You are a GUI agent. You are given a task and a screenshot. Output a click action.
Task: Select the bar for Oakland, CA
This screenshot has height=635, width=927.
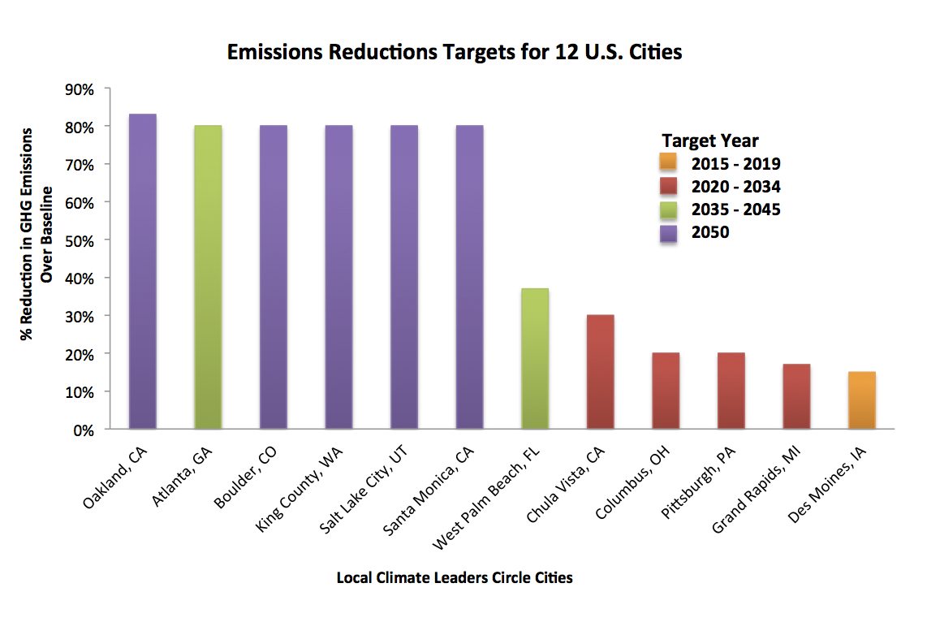143,271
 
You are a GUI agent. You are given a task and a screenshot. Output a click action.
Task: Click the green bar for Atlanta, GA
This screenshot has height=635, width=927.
208,277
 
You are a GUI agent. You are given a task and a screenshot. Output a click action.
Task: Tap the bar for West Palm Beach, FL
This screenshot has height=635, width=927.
534,358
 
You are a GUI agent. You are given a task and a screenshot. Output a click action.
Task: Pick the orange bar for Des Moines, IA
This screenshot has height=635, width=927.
861,400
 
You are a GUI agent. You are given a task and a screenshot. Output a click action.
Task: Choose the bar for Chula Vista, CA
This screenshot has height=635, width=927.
600,371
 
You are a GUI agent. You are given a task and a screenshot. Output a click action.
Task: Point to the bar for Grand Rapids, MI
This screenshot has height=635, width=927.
796,396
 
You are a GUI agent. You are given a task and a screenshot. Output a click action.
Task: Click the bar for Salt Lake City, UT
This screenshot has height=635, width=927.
403,277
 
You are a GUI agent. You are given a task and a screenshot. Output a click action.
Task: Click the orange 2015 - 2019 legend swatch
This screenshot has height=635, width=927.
670,164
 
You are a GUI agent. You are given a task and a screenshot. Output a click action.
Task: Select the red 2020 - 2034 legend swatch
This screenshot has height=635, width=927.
670,187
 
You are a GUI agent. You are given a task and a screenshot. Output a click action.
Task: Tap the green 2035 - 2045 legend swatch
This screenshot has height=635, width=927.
670,210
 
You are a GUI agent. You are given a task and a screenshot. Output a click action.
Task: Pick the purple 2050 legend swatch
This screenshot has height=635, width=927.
670,232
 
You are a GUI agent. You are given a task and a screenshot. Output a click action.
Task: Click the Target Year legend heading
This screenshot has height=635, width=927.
709,140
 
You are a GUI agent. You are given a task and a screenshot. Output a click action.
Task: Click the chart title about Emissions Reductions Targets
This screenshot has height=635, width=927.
455,52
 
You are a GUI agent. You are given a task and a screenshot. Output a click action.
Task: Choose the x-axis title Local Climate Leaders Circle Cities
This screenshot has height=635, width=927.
455,578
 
